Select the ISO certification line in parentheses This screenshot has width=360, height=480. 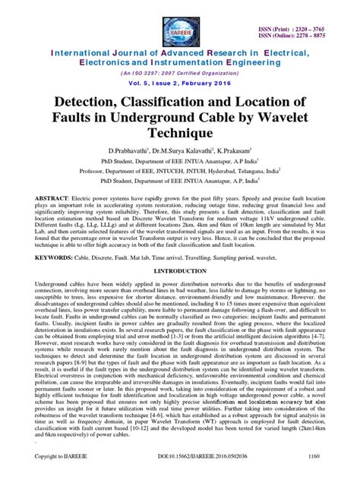click(179, 73)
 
